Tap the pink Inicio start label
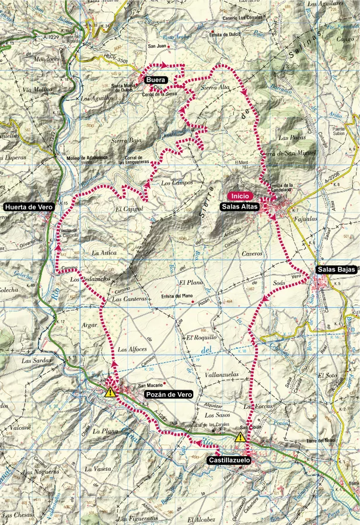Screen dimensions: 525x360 coord(241,196)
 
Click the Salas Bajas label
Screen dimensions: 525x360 coord(335,269)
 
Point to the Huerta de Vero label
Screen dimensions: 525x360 coord(29,206)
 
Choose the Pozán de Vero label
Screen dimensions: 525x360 coord(168,395)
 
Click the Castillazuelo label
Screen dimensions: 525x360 coord(229,460)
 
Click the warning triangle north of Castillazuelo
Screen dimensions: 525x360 coord(240,437)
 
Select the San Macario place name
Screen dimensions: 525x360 coord(149,384)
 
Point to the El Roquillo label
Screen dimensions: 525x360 coord(201,338)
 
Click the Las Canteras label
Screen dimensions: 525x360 coord(125,299)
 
